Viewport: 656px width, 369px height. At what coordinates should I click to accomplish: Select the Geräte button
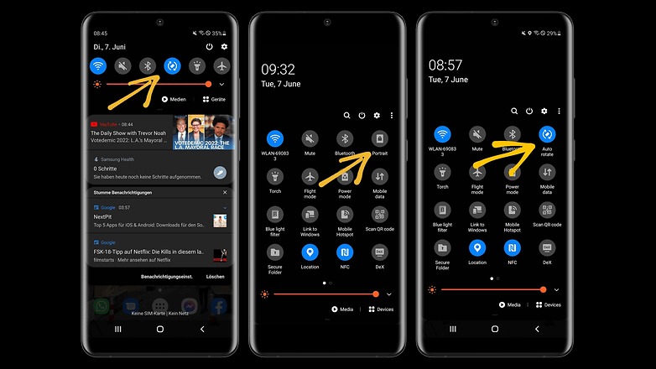(x=215, y=99)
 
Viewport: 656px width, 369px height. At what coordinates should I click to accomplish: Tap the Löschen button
(x=216, y=276)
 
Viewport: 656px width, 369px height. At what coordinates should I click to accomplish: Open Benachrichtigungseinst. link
(x=167, y=276)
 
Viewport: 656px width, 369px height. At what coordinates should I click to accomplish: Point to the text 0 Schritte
(x=105, y=169)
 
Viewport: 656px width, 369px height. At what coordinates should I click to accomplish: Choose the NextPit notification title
(x=103, y=216)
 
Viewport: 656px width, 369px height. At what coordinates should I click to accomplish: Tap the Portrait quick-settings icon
(x=379, y=138)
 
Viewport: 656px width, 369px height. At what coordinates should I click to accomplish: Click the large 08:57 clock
(x=445, y=65)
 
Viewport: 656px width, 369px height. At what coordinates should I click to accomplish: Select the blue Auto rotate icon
(x=547, y=133)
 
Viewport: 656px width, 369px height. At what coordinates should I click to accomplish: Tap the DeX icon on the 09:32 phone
(x=379, y=251)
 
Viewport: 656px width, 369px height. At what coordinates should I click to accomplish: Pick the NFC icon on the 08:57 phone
(x=512, y=247)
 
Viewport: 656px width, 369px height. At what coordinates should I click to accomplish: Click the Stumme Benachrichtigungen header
(x=123, y=193)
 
